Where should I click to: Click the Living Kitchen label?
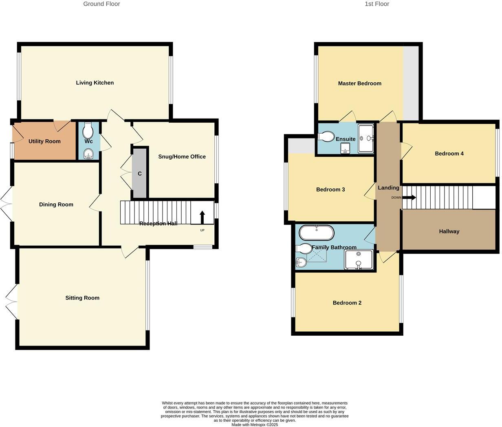pyautogui.click(x=95, y=83)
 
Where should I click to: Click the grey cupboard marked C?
pyautogui.click(x=140, y=174)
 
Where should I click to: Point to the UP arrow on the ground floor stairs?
pyautogui.click(x=202, y=217)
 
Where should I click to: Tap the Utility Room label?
pyautogui.click(x=44, y=141)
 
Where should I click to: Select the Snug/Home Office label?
pyautogui.click(x=182, y=156)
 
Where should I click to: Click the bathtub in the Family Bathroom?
pyautogui.click(x=317, y=233)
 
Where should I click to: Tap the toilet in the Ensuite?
pyautogui.click(x=326, y=136)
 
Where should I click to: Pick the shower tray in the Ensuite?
pyautogui.click(x=365, y=139)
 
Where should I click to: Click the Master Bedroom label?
pyautogui.click(x=359, y=84)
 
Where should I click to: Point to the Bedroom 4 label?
pyautogui.click(x=449, y=154)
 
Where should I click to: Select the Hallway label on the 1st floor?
pyautogui.click(x=449, y=231)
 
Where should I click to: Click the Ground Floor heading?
pyautogui.click(x=101, y=4)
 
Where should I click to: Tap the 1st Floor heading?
pyautogui.click(x=377, y=4)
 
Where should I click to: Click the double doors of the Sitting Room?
pyautogui.click(x=11, y=302)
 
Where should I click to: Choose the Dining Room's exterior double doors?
pyautogui.click(x=7, y=205)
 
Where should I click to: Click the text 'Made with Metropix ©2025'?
pyautogui.click(x=255, y=425)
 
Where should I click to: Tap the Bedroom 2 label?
pyautogui.click(x=347, y=303)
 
